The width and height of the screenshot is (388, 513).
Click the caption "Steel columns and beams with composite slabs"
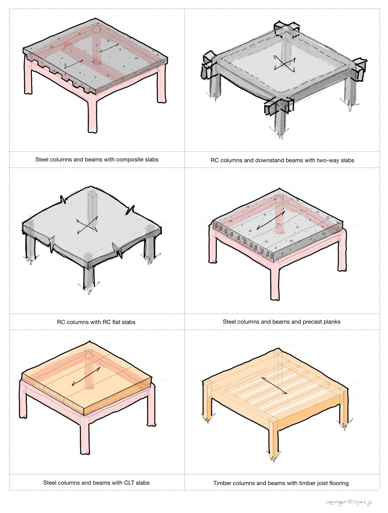(x=97, y=159)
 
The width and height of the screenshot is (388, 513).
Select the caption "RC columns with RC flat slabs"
(x=96, y=322)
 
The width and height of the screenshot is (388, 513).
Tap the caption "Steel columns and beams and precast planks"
(x=281, y=321)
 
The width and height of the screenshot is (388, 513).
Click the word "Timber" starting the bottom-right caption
(x=222, y=483)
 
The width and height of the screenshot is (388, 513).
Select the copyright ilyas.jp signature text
(x=348, y=502)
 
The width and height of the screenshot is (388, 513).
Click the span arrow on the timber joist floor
(x=274, y=385)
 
